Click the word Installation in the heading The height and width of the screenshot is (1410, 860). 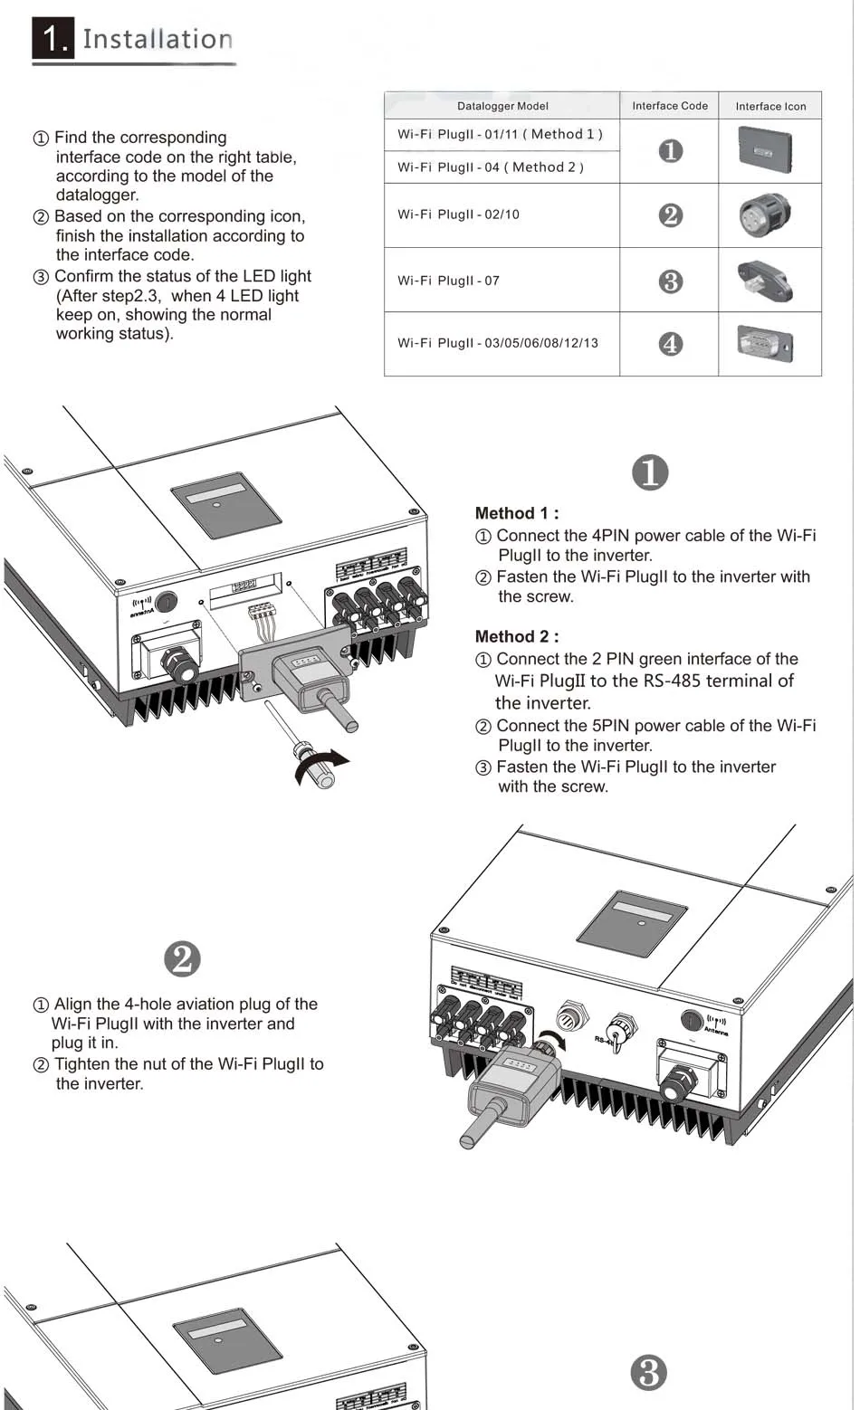pyautogui.click(x=158, y=39)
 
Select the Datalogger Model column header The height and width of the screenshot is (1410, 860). pyautogui.click(x=502, y=106)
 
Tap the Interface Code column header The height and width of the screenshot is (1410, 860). pyautogui.click(x=670, y=106)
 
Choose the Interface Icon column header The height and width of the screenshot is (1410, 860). pyautogui.click(x=770, y=106)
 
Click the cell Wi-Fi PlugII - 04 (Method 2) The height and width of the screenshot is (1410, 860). pyautogui.click(x=490, y=167)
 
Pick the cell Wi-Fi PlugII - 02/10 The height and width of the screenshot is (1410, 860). pyautogui.click(x=458, y=214)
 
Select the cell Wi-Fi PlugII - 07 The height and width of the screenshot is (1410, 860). pyautogui.click(x=448, y=281)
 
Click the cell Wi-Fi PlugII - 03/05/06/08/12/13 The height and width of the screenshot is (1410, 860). pyautogui.click(x=497, y=343)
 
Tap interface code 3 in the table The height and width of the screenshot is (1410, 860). pyautogui.click(x=670, y=281)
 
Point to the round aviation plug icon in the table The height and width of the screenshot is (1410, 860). pyautogui.click(x=764, y=215)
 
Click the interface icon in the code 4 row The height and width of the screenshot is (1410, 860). pyautogui.click(x=765, y=344)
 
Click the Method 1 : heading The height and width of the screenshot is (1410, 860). pyautogui.click(x=516, y=513)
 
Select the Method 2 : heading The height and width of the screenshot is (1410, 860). pyautogui.click(x=516, y=636)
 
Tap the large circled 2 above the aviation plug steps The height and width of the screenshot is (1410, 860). pyautogui.click(x=183, y=959)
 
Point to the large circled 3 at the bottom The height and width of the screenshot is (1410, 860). pyautogui.click(x=648, y=1373)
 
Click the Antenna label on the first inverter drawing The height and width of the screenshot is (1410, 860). pyautogui.click(x=141, y=613)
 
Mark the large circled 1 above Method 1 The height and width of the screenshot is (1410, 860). pyautogui.click(x=649, y=472)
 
